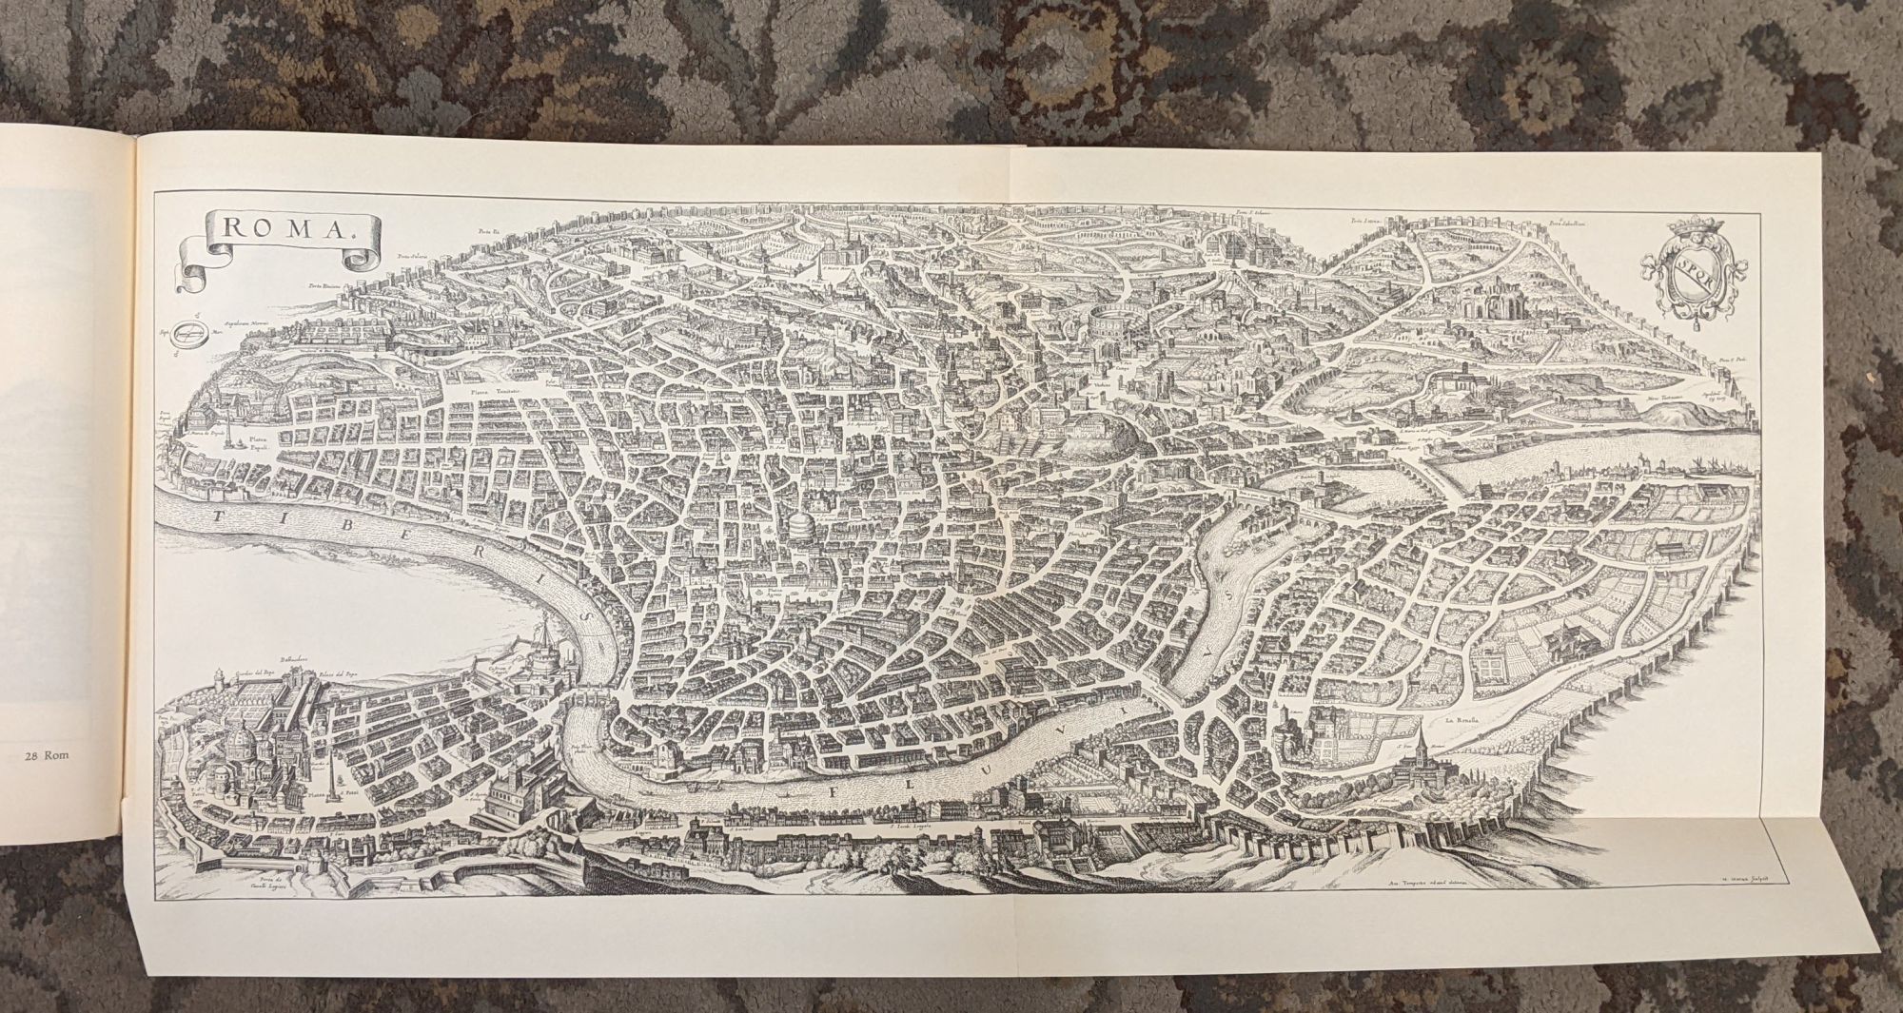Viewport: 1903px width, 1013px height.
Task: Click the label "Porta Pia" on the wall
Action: tap(489, 229)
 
